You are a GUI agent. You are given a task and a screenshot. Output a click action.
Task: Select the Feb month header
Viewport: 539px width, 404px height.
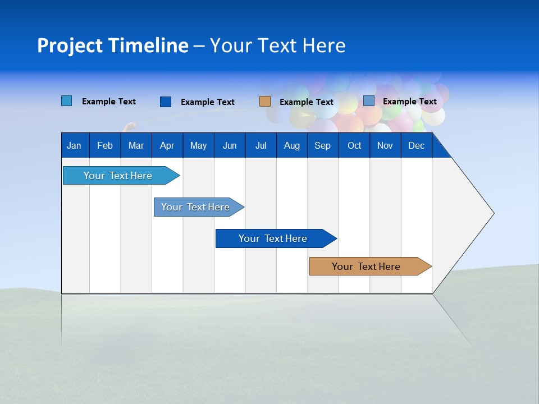pyautogui.click(x=105, y=145)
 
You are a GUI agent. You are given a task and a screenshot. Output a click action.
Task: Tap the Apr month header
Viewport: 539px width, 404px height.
pyautogui.click(x=167, y=145)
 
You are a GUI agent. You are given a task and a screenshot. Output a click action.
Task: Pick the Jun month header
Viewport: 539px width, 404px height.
pyautogui.click(x=230, y=145)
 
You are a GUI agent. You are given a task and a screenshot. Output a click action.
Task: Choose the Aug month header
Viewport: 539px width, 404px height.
pyautogui.click(x=292, y=145)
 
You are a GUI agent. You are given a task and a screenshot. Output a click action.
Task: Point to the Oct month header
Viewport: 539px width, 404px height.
pyautogui.click(x=354, y=145)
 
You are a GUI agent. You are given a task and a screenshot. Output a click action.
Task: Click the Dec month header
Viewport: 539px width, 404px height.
pyautogui.click(x=416, y=145)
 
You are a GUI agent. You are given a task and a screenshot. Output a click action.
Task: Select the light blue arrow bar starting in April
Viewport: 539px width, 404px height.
pyautogui.click(x=199, y=207)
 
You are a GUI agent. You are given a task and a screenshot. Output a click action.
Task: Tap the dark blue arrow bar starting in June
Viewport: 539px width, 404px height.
pyautogui.click(x=276, y=238)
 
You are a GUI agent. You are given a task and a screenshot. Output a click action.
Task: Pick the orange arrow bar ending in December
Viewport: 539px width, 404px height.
pyautogui.click(x=371, y=266)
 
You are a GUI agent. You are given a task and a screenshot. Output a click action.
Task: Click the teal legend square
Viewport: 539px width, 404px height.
pyautogui.click(x=66, y=100)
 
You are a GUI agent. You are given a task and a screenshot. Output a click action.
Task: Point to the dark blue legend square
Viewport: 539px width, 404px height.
pyautogui.click(x=165, y=102)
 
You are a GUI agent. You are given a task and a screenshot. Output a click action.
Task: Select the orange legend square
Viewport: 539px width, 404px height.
pyautogui.click(x=264, y=102)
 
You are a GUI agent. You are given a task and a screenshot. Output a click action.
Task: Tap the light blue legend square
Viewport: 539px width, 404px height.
pyautogui.click(x=369, y=100)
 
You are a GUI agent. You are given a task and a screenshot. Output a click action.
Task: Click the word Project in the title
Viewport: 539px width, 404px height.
pyautogui.click(x=70, y=45)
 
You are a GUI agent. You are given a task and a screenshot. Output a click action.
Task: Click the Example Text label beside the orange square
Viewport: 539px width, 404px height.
pyautogui.click(x=307, y=102)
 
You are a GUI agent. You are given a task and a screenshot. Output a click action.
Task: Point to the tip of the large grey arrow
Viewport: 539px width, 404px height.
pyautogui.click(x=494, y=213)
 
